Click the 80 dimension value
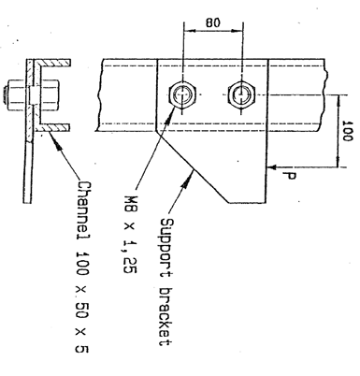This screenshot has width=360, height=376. coord(213,22)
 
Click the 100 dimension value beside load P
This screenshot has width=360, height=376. coord(348,131)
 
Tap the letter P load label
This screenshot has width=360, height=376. coord(289,176)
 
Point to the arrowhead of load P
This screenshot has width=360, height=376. coord(272,167)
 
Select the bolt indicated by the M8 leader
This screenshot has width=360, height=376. coord(182,94)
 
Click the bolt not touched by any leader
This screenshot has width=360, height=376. coord(242,94)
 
